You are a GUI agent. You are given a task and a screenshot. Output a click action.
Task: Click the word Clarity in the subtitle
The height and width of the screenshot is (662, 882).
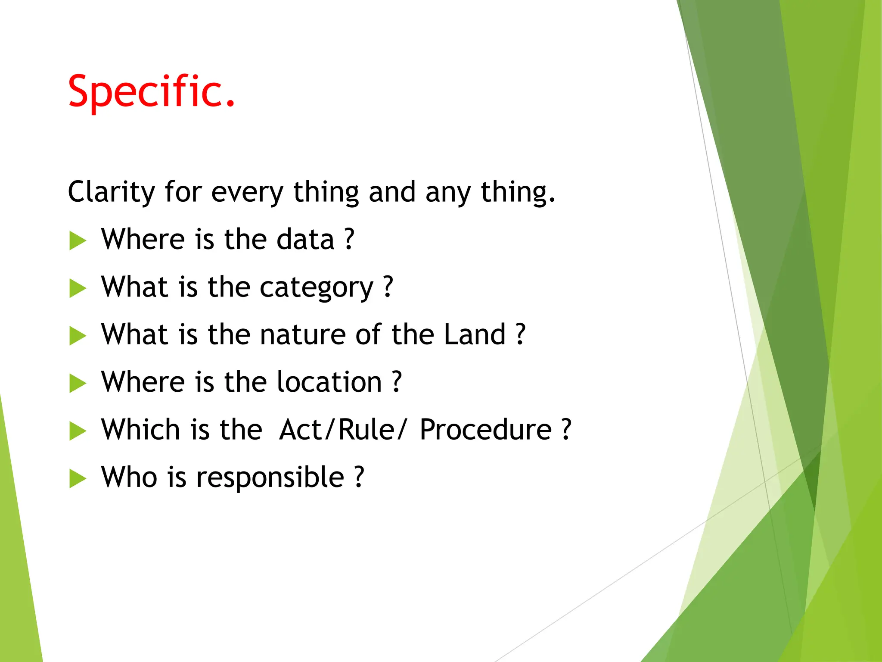pyautogui.click(x=111, y=191)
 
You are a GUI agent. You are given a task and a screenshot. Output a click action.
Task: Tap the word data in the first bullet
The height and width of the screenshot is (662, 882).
pyautogui.click(x=305, y=239)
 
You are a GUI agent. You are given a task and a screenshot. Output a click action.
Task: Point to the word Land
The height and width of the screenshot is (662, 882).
pyautogui.click(x=474, y=334)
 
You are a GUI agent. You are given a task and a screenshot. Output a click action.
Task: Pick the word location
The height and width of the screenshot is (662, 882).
pyautogui.click(x=329, y=382)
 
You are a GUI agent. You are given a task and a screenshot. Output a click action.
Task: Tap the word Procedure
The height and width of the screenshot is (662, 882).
pyautogui.click(x=485, y=430)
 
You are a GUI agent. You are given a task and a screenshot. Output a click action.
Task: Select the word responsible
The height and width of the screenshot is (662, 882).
pyautogui.click(x=270, y=478)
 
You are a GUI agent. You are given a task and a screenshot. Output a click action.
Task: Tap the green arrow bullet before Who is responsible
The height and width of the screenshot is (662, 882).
pyautogui.click(x=78, y=478)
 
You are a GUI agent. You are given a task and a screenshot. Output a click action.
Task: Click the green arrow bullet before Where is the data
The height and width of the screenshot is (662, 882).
pyautogui.click(x=78, y=240)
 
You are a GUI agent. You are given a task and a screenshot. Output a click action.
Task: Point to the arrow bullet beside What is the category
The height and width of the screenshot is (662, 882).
pyautogui.click(x=78, y=288)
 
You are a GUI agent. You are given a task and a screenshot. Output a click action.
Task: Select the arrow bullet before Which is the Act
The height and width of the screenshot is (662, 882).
pyautogui.click(x=78, y=431)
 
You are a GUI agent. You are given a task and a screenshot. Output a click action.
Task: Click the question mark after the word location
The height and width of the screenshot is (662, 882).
pyautogui.click(x=397, y=382)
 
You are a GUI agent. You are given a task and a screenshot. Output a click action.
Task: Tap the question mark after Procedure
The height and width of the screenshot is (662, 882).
pyautogui.click(x=567, y=430)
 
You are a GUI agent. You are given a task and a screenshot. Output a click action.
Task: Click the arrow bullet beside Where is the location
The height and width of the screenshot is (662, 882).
pyautogui.click(x=78, y=383)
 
